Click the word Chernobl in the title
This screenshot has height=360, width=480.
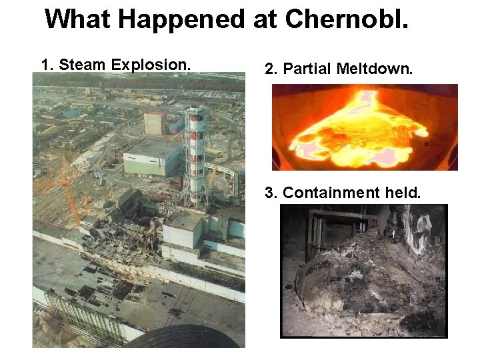tap(346, 19)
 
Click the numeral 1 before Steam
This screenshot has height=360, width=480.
tap(45, 65)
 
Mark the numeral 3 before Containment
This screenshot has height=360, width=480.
tap(270, 193)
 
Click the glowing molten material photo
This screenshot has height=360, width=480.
tap(364, 127)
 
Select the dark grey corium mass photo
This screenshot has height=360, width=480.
tap(363, 270)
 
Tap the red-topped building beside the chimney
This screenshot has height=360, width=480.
tap(155, 123)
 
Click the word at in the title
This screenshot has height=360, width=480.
tap(265, 20)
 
